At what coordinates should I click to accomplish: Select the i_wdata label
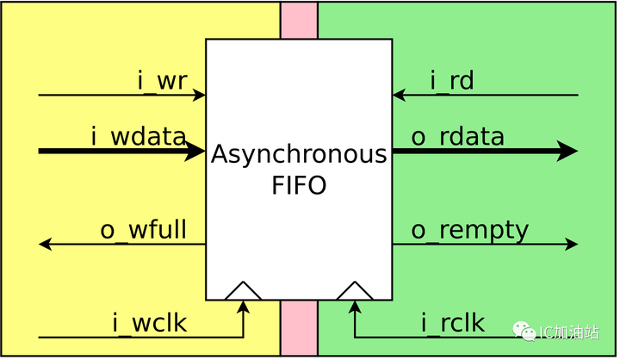pyautogui.click(x=138, y=136)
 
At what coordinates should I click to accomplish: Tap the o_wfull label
pyautogui.click(x=143, y=231)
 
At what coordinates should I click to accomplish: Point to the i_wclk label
pyautogui.click(x=149, y=324)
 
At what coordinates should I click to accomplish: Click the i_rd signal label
pyautogui.click(x=452, y=82)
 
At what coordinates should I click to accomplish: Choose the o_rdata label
pyautogui.click(x=457, y=136)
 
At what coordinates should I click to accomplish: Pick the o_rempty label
pyautogui.click(x=469, y=231)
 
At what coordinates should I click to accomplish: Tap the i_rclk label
pyautogui.click(x=453, y=324)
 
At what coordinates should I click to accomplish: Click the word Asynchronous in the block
pyautogui.click(x=299, y=156)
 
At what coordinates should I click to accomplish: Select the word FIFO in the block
pyautogui.click(x=298, y=185)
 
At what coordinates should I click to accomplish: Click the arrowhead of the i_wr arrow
pyautogui.click(x=200, y=95)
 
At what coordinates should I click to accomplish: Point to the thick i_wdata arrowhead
pyautogui.click(x=196, y=152)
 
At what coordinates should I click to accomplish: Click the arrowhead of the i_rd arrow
pyautogui.click(x=399, y=95)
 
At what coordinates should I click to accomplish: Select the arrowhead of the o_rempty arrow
pyautogui.click(x=572, y=244)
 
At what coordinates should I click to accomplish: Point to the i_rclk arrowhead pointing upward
pyautogui.click(x=355, y=307)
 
